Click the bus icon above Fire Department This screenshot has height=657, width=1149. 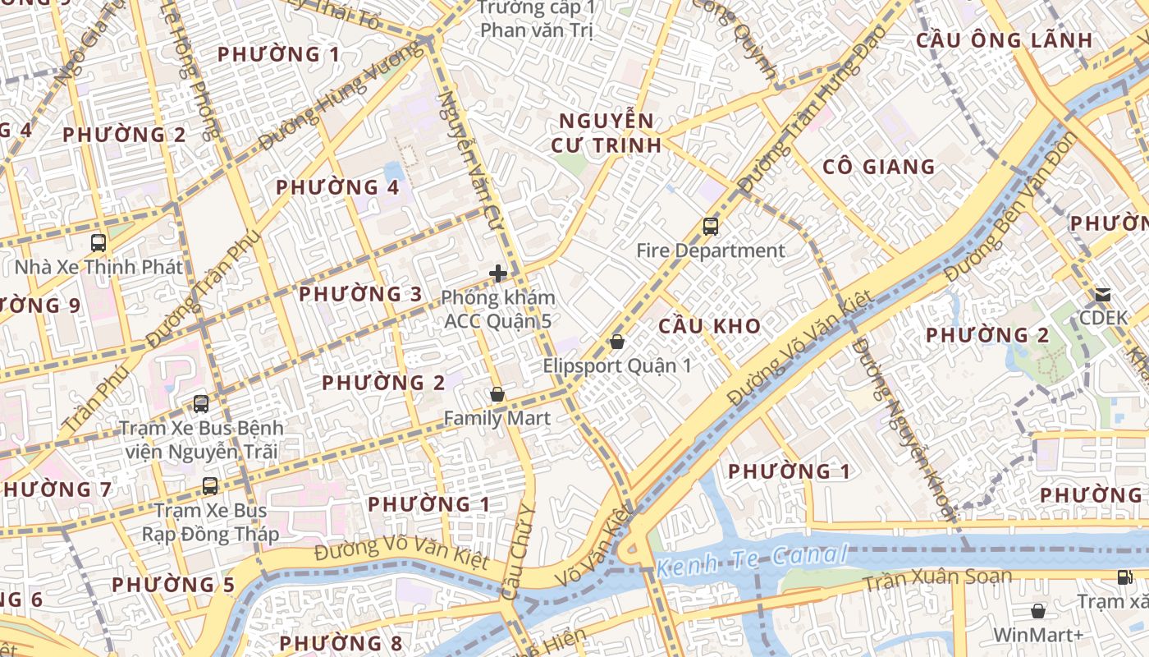point(711,227)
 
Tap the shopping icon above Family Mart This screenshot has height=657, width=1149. point(497,395)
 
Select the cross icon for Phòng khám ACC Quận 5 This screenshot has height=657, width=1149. point(497,273)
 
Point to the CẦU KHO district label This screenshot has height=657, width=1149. point(710,326)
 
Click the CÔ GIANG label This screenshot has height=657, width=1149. point(879,167)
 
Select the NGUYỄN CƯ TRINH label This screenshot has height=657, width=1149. point(609,133)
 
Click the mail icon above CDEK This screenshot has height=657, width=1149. point(1103,294)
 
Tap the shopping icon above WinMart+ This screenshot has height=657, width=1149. point(1038,611)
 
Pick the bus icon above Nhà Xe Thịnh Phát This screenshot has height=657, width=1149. point(98,243)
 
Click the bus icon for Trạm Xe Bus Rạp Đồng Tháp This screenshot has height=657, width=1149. point(210,486)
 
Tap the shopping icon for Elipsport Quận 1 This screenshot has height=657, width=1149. point(617,342)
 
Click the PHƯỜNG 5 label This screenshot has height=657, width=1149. point(173,585)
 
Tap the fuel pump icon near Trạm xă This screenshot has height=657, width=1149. point(1124,577)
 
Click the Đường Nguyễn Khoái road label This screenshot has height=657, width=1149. point(904,427)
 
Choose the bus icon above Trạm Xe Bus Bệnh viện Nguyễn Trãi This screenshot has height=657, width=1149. point(201,404)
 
